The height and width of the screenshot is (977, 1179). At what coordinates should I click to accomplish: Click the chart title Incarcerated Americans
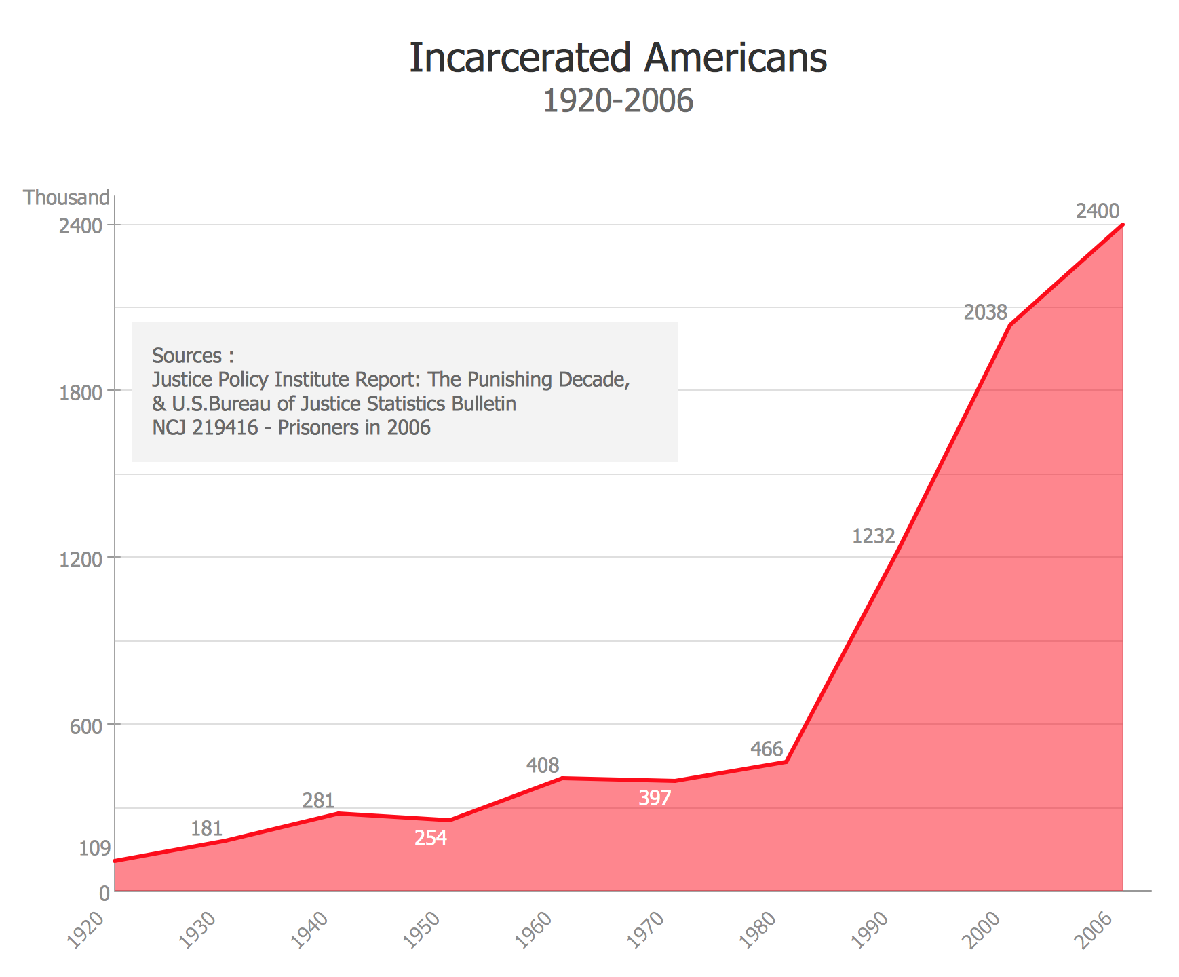coord(618,58)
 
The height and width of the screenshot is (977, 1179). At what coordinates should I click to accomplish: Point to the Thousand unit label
coord(66,197)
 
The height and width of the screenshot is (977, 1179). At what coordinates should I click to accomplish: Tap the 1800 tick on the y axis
coord(85,393)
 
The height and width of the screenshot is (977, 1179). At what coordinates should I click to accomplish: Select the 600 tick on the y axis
coord(90,727)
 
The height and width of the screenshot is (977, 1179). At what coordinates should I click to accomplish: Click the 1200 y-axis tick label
coord(85,560)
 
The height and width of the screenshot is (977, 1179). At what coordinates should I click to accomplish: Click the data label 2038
coord(985,312)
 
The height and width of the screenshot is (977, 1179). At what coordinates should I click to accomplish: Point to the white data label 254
coord(431,839)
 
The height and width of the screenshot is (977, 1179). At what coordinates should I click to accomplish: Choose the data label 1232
coord(873,537)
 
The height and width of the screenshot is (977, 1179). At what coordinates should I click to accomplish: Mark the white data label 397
coord(655,799)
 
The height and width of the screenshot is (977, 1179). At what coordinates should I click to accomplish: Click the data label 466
coord(767,750)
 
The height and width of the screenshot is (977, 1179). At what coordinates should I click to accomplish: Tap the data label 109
coord(95,848)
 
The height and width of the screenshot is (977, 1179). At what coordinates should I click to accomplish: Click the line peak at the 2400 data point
coord(1123,225)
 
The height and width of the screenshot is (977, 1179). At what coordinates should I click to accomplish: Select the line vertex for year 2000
coord(1010,325)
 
